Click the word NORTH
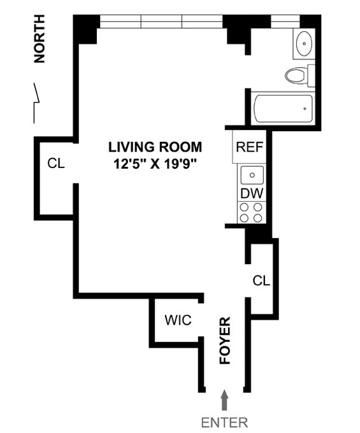(40, 39)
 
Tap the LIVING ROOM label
(155, 147)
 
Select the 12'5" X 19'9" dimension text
(155, 164)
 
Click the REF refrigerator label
(249, 147)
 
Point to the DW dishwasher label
(252, 194)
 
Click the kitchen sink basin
(252, 175)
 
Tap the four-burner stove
(252, 212)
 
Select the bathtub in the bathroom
(283, 108)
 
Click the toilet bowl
(295, 75)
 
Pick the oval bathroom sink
(304, 43)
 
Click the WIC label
(178, 320)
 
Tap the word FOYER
(225, 340)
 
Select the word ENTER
(224, 423)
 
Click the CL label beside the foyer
(261, 281)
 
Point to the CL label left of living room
(56, 163)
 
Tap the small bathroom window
(285, 22)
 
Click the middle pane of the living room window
(161, 22)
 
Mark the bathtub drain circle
(305, 109)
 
